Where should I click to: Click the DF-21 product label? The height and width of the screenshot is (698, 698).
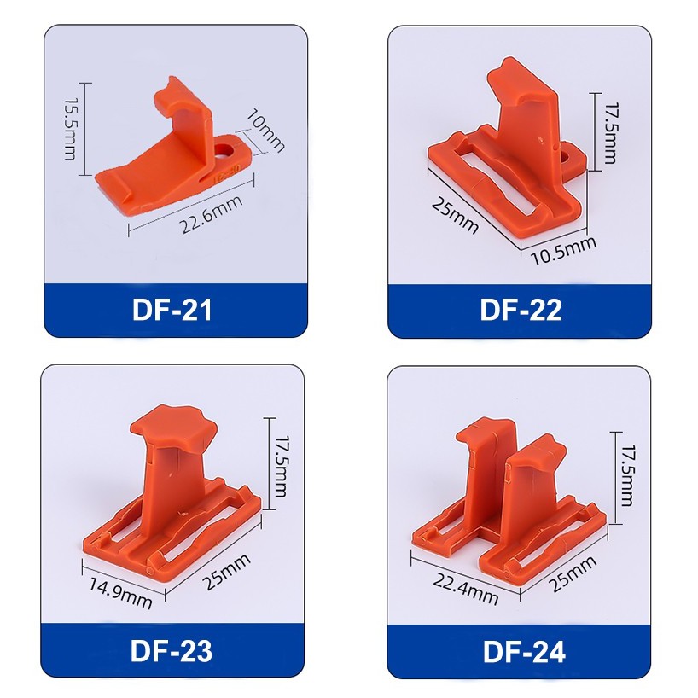click(172, 310)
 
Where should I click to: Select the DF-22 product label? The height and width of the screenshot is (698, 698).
click(521, 310)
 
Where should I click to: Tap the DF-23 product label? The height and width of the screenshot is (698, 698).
click(172, 651)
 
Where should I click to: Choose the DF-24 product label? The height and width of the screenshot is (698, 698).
click(524, 652)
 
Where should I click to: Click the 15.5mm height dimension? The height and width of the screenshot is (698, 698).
click(70, 129)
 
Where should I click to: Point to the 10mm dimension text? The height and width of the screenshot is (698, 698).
click(265, 130)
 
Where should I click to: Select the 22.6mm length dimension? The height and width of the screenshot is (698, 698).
click(212, 214)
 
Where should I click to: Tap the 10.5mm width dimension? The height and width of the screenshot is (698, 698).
click(564, 250)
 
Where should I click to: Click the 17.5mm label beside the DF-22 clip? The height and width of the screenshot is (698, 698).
click(610, 133)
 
